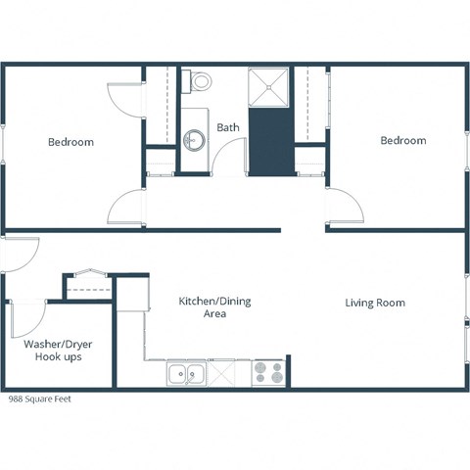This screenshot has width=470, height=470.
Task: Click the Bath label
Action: [227, 127]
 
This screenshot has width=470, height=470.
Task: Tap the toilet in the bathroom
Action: [201, 81]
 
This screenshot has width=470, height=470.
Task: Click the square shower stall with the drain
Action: [268, 86]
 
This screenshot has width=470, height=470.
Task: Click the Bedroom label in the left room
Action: [70, 142]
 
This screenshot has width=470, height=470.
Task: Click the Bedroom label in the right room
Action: [402, 140]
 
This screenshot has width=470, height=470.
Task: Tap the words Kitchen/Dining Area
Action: [213, 307]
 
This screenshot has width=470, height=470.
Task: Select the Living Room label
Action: [374, 303]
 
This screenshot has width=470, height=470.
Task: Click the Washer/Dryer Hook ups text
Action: [52, 351]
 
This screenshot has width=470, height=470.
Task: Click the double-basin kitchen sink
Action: [186, 372]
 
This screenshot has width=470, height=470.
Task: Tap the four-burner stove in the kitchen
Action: [268, 372]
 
